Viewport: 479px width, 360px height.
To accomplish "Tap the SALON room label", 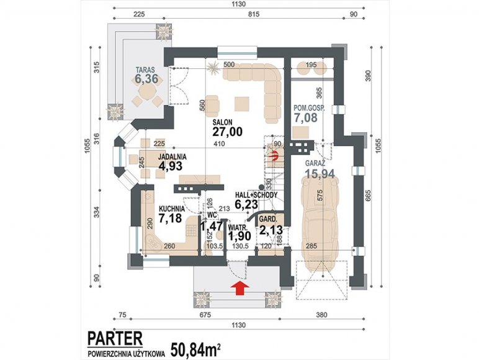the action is point(222,122).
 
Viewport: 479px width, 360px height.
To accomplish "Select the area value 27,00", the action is point(227,132).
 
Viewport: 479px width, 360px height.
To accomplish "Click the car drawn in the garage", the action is point(320,225).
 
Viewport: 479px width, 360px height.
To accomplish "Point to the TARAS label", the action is point(145,70).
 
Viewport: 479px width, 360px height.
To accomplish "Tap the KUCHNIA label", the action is point(172,209).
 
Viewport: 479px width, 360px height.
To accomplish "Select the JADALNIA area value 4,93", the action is point(171,166).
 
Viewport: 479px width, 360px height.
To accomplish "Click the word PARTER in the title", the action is point(115,339).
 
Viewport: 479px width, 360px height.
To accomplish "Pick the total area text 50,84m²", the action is point(195,351).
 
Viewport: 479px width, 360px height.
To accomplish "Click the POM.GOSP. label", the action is point(309,108).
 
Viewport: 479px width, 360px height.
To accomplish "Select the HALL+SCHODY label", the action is point(256,195).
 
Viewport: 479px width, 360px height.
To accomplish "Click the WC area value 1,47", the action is point(211,227).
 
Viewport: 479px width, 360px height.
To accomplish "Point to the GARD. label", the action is point(268,220).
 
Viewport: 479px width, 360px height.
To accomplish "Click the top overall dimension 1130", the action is point(239,4).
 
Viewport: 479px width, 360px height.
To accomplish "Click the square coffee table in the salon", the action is point(242,104).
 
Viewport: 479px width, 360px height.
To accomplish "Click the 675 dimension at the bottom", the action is point(205,315).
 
